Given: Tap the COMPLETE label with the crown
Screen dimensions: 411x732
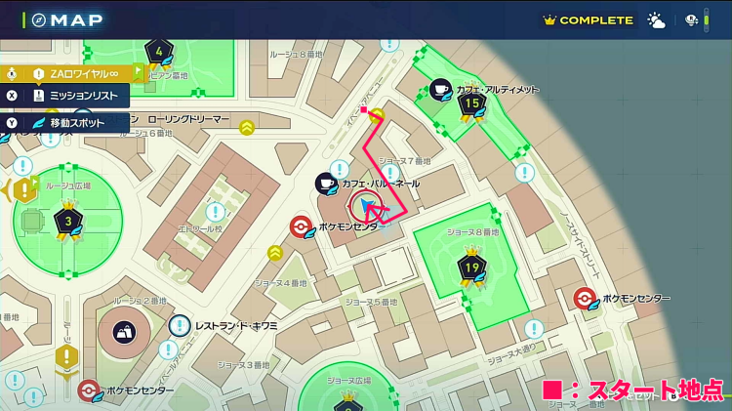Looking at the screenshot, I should coord(589,20).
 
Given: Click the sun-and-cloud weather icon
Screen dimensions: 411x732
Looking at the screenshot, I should coord(656,21).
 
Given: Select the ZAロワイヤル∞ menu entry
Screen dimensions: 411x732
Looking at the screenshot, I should coord(82,73).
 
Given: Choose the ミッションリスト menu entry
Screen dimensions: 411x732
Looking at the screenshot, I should coord(82,97).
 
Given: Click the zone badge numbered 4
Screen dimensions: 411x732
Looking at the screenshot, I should coord(160,52).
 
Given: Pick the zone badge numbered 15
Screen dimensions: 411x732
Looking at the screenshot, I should coord(472,103).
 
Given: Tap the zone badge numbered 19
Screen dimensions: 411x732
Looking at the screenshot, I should coord(471,265).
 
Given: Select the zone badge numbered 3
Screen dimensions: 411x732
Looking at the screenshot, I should coord(67,221).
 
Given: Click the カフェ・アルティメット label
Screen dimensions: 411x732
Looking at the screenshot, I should coord(498,89).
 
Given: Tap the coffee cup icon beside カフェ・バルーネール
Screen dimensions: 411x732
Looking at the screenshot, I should coord(326,184).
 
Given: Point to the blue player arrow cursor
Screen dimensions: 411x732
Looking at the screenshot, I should coord(365,205).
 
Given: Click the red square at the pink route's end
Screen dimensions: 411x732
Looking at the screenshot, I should coord(363,110).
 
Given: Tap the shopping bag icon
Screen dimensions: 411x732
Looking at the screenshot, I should coord(124,333).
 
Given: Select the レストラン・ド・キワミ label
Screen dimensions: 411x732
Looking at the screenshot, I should coord(237,325).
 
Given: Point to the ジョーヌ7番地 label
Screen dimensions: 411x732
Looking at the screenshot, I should coord(404,161).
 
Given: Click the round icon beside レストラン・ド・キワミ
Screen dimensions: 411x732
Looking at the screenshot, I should coord(180,325).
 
